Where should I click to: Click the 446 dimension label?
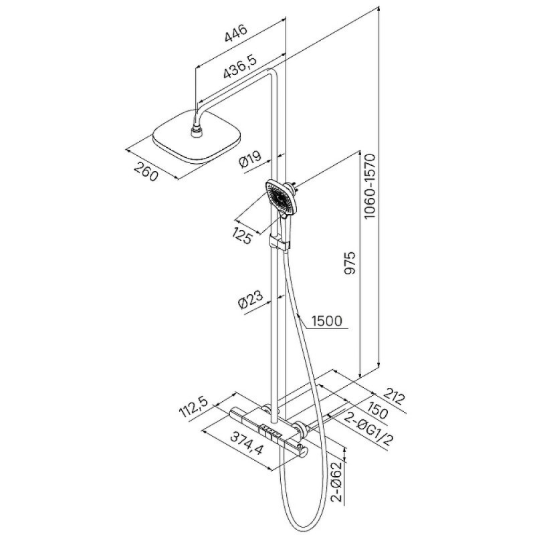(236, 34)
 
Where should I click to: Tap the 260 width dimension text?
(146, 172)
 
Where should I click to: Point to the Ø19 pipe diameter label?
(251, 159)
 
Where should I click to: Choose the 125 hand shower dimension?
(243, 235)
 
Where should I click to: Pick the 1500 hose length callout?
(327, 321)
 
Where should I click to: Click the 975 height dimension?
(350, 263)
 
